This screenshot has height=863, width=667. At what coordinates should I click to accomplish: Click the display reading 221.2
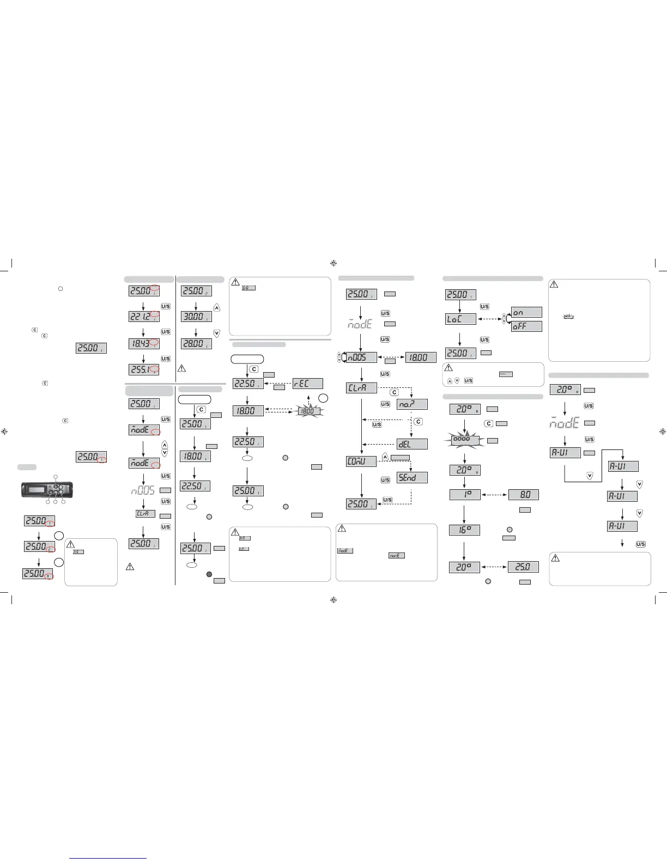tap(144, 317)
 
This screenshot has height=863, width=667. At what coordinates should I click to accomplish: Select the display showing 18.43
tap(144, 343)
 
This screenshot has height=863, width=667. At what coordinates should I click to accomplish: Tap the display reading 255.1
tap(144, 369)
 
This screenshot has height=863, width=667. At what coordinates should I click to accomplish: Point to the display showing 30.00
tap(196, 317)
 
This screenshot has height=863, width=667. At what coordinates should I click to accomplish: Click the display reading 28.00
tap(196, 344)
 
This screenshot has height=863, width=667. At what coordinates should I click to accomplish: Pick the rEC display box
tap(307, 384)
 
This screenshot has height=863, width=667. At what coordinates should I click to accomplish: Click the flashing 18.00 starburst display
tap(308, 411)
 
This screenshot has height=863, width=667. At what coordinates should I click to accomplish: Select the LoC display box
tap(460, 319)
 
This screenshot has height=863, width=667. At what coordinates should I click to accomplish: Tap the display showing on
tap(526, 312)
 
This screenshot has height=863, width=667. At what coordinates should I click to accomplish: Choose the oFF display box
tap(526, 326)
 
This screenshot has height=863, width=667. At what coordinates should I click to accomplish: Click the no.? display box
tap(412, 405)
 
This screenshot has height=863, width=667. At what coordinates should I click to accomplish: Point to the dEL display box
tap(412, 444)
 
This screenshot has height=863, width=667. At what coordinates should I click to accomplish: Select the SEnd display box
tap(412, 477)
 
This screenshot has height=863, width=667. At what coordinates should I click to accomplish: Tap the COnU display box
tap(361, 461)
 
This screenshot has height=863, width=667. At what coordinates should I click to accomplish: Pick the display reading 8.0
tap(523, 495)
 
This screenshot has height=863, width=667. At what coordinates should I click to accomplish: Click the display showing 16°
tap(464, 529)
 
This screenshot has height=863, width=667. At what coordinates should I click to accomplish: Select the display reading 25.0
tap(523, 567)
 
